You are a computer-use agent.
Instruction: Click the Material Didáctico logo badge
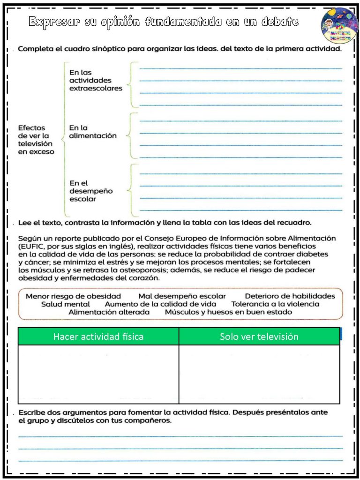point(339,25)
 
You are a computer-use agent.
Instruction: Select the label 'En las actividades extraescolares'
point(96,80)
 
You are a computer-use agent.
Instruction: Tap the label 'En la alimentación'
point(93,132)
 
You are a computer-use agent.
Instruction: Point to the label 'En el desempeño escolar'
point(91,191)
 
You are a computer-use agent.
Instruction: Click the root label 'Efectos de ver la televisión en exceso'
point(36,140)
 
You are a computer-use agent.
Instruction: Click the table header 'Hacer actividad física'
point(98,337)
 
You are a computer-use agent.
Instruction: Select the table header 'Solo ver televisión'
point(259,337)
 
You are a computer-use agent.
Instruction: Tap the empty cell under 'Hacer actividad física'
point(98,374)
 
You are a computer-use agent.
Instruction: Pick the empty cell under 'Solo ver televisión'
point(259,374)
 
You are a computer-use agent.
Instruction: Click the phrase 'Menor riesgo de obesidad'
point(73,296)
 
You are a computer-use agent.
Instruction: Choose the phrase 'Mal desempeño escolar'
point(182,296)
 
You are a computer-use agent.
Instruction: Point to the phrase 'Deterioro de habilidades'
point(290,296)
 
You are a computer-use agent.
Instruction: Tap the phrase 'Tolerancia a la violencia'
point(275,304)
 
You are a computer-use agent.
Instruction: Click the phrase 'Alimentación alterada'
point(109,312)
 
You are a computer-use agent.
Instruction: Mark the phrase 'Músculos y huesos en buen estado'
point(228,312)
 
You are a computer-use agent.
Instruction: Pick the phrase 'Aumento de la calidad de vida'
point(160,304)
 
